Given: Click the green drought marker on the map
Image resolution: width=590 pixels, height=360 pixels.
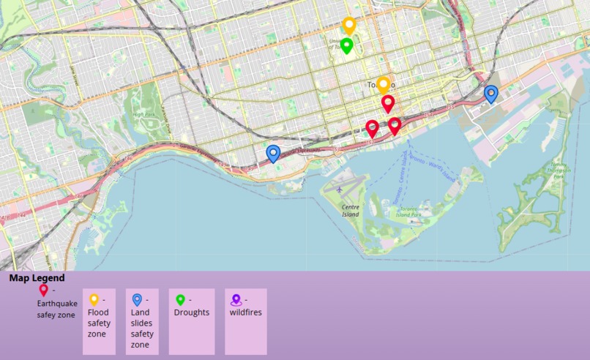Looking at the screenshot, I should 347,45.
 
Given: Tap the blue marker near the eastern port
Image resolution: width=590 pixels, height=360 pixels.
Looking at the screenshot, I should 491,94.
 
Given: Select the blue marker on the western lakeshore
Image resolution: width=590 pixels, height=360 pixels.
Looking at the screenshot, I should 273,153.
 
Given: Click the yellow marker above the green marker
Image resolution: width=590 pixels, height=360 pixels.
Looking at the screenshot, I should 349,26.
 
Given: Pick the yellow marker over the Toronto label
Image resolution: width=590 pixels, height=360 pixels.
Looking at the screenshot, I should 384,85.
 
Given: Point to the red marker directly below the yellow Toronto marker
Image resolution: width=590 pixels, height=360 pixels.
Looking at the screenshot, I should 388,103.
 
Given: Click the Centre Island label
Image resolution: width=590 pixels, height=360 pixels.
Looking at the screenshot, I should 351,210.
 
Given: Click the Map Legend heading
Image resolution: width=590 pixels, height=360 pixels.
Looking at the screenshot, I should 37,278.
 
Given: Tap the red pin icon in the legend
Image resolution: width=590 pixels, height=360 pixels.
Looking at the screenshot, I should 43,290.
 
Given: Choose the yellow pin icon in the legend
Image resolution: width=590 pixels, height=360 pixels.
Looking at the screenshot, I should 94,299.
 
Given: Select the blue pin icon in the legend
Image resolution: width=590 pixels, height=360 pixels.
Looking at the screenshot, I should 137,299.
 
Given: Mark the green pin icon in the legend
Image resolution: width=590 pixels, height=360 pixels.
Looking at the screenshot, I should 180,299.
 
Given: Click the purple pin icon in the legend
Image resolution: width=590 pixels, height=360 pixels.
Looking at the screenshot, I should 236,299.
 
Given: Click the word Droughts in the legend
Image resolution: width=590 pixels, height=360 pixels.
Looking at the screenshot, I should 192,312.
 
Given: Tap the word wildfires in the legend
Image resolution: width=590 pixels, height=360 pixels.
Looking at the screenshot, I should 246,312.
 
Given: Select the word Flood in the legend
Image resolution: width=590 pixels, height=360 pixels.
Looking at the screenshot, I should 98,312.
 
